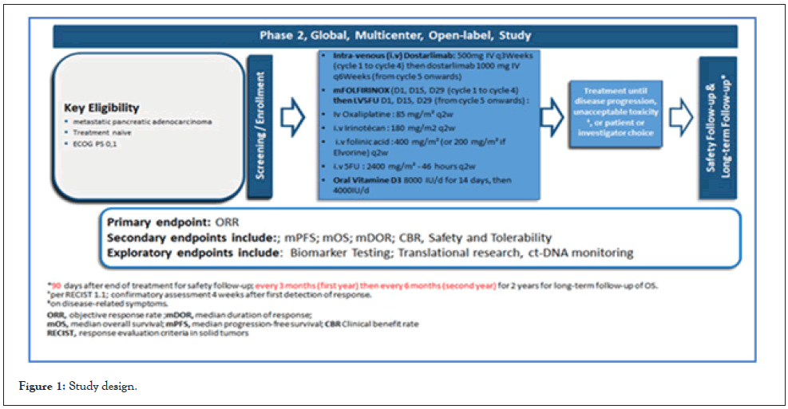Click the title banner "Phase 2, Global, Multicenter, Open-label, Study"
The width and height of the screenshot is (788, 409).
tap(394, 36)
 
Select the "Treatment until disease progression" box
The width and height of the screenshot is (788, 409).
tap(616, 113)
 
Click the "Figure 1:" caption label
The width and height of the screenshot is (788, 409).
tap(41, 387)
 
